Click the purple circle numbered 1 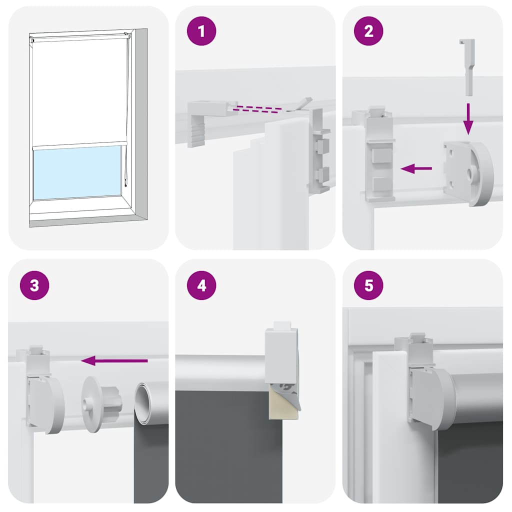201,31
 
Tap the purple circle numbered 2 369,31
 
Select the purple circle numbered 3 34,285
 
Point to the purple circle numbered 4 201,285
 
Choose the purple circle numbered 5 369,285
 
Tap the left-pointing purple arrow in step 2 416,169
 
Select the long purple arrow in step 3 114,360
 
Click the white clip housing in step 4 281,355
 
